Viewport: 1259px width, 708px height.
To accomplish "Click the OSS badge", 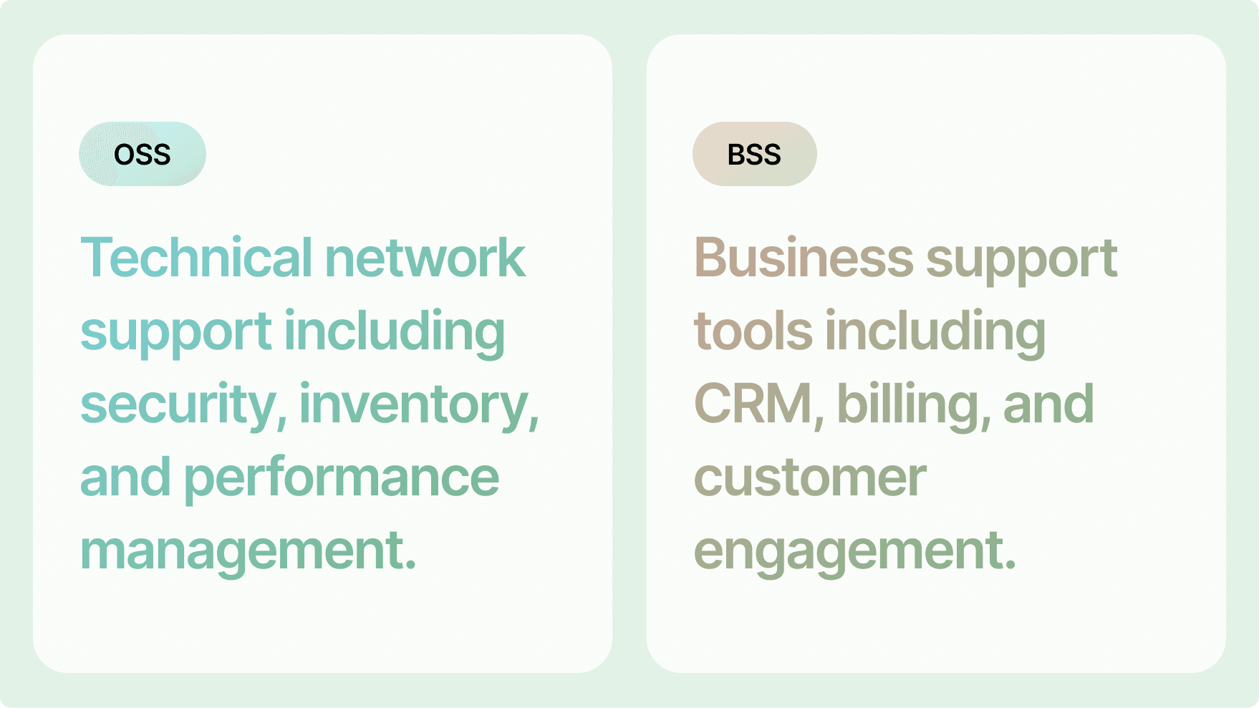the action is click(x=143, y=154).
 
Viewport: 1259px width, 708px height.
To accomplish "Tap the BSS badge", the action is click(x=755, y=154).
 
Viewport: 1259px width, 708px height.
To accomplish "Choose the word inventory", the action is click(x=420, y=404).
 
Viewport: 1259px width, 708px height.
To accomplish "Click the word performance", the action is click(x=342, y=478).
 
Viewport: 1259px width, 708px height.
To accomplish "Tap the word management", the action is click(x=249, y=551).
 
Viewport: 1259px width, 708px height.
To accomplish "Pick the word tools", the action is click(x=753, y=331).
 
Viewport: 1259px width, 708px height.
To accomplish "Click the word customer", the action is click(x=811, y=478).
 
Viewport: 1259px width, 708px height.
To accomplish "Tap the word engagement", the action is click(x=855, y=551).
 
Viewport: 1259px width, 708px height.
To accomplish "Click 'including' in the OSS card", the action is click(x=395, y=332).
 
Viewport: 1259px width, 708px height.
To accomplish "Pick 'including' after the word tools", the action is click(x=935, y=332).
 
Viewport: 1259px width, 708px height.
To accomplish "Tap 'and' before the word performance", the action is click(x=126, y=477).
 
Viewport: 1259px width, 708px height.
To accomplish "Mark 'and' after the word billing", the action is click(x=1048, y=404).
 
